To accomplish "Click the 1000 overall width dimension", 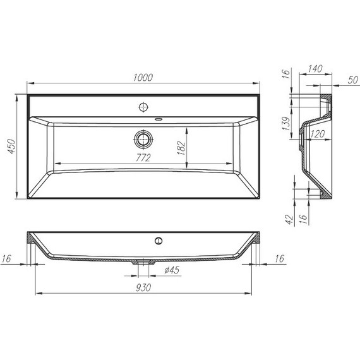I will [144, 77].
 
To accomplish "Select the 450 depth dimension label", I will [9, 148].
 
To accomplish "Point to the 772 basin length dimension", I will [143, 157].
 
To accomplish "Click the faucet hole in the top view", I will [144, 106].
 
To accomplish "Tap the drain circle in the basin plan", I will [144, 138].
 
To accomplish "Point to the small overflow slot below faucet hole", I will [159, 118].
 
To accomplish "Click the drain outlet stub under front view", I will [144, 261].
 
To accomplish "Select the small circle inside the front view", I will [159, 240].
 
